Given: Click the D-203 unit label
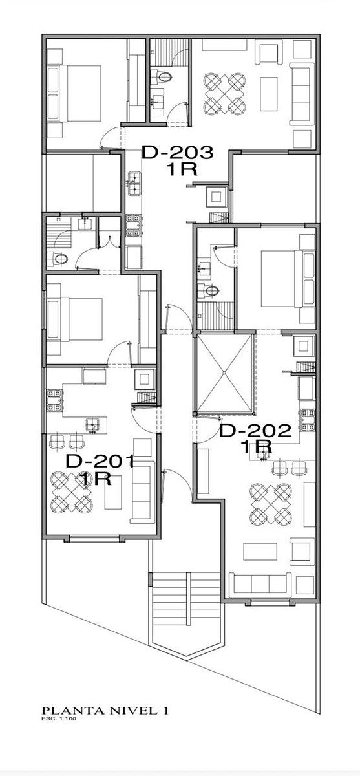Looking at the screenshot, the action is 177,160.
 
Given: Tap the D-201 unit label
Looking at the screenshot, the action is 100,470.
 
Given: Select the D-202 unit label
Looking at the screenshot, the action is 255,438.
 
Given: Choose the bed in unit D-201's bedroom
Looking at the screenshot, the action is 75,319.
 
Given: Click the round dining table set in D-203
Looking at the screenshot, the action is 225,93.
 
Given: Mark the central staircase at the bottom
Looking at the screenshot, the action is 187,603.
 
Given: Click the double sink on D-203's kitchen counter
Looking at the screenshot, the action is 134,183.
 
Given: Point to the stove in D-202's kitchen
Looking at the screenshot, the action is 308,420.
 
